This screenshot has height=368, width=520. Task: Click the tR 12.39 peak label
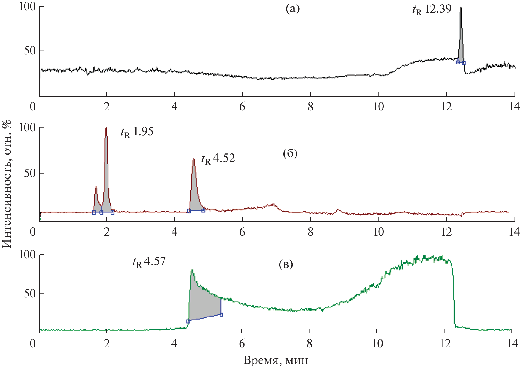(x=432, y=10)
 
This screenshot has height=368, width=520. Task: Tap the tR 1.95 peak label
(x=137, y=132)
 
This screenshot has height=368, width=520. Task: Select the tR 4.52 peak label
(x=218, y=159)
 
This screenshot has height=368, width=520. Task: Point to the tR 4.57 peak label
(x=149, y=262)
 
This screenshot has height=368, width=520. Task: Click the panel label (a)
(x=293, y=9)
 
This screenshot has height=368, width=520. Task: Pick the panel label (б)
(x=290, y=154)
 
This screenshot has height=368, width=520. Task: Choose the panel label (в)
(x=286, y=264)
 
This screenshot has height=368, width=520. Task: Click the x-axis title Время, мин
(x=276, y=360)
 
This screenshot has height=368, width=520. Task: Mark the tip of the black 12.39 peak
(x=461, y=7)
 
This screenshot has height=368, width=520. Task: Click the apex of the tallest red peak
(x=106, y=128)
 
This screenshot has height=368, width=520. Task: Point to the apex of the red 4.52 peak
(x=194, y=159)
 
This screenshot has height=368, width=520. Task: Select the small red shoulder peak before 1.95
(x=96, y=187)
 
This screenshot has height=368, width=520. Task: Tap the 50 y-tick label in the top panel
(x=30, y=51)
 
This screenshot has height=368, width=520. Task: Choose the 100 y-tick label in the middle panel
(x=27, y=128)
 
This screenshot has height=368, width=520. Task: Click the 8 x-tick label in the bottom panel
(x=309, y=343)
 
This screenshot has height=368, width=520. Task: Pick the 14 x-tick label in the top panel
(x=514, y=107)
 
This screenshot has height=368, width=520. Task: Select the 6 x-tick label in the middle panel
(x=242, y=232)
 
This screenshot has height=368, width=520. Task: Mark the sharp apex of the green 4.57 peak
(x=192, y=270)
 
